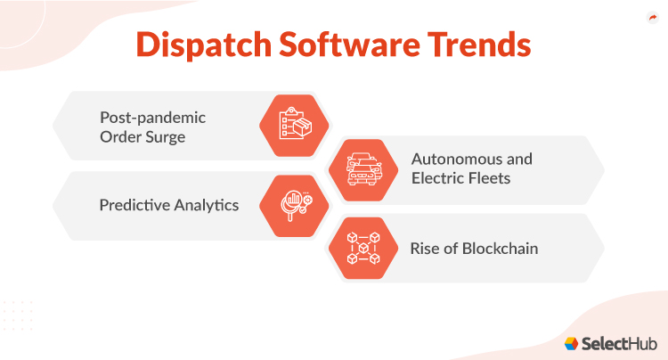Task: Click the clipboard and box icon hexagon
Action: point(293,125)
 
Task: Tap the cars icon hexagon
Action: point(363,168)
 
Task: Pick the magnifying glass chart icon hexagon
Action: point(293,206)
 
